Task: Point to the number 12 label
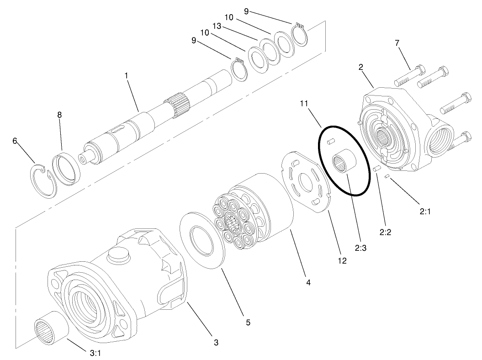[342, 261]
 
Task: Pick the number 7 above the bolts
[397, 42]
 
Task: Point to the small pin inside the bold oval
[332, 142]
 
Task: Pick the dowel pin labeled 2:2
[376, 169]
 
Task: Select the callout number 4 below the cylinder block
[308, 283]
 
